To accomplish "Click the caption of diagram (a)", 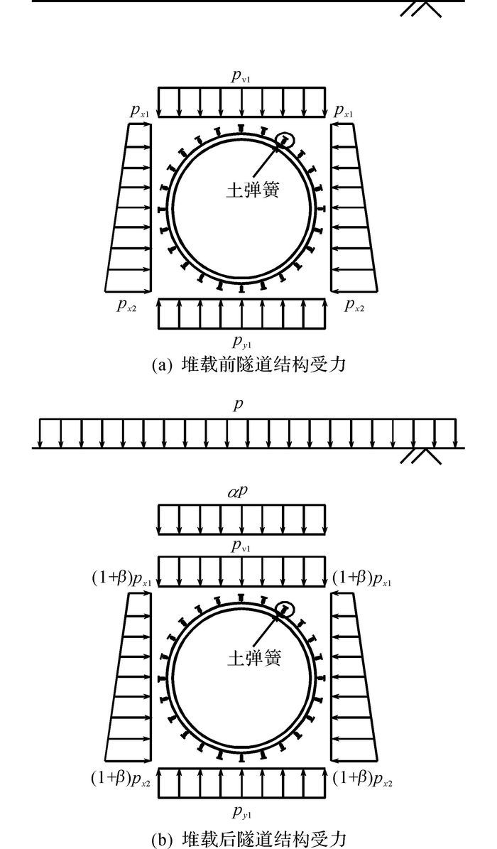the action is point(248,365).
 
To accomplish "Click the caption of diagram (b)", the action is point(248,837).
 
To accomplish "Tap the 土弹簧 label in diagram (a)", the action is point(253,189).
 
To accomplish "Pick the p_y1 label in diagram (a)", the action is point(243,342).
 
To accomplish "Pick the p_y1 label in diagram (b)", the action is point(242,811).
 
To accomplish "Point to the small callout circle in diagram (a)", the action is point(285,131).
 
